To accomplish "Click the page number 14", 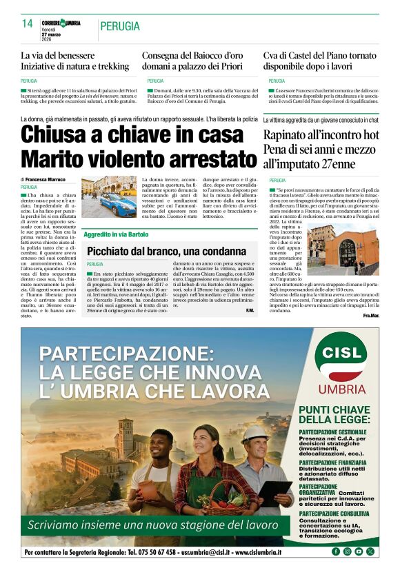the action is pos(27,23).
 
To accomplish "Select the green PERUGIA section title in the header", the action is pos(120,26).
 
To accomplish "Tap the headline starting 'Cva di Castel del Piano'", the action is pos(319,54).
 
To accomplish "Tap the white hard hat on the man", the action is pos(255,433).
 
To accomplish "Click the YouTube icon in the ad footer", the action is pos(359,551).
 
